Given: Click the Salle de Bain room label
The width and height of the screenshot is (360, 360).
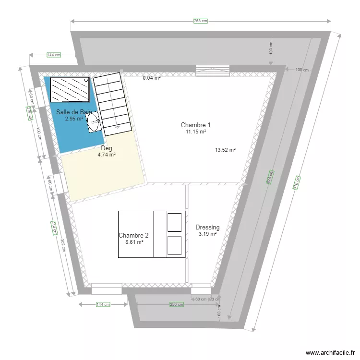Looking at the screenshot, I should tap(74, 112).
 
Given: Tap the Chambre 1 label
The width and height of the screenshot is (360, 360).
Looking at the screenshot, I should tap(195, 125).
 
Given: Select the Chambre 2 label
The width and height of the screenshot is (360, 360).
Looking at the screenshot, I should tap(133, 236).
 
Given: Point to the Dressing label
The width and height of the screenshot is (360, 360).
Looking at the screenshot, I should tap(207, 228).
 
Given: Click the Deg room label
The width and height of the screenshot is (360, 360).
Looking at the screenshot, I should tap(107, 148).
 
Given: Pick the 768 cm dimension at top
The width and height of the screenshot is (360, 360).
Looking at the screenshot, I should tap(201, 21).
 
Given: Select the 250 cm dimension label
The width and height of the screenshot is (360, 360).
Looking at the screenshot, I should tap(176, 304).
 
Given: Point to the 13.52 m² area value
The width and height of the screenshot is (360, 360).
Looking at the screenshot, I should tap(225, 150).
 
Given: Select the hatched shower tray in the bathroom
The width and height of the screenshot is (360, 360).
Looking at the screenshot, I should tap(70, 90).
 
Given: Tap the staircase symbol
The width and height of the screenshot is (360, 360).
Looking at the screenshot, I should tap(112, 104).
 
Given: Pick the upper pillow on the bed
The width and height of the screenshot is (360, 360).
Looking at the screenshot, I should tap(174, 222).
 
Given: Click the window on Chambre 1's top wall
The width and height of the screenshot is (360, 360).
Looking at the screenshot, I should tap(212, 71).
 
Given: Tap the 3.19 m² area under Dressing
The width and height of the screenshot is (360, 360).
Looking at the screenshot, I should tap(207, 234).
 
